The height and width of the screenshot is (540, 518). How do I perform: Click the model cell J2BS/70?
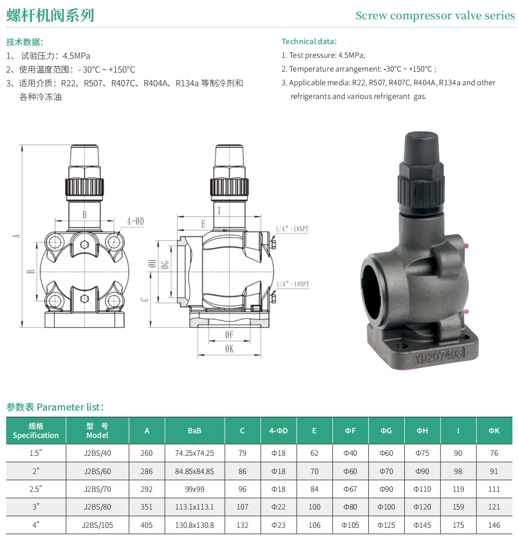point(97,489)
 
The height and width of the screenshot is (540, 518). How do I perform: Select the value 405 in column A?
point(147,525)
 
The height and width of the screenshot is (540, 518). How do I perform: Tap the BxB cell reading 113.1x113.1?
point(194,507)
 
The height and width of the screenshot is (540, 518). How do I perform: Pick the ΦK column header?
point(494,430)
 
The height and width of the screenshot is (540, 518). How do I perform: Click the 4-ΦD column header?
point(279,430)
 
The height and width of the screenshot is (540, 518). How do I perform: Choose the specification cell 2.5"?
point(36,489)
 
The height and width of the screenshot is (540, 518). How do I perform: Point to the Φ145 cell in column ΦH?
point(422,525)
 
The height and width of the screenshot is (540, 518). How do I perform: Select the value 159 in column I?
point(458,507)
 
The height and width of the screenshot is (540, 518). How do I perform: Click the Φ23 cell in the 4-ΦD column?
point(279,525)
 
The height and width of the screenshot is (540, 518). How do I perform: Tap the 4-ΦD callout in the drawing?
point(135,221)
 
